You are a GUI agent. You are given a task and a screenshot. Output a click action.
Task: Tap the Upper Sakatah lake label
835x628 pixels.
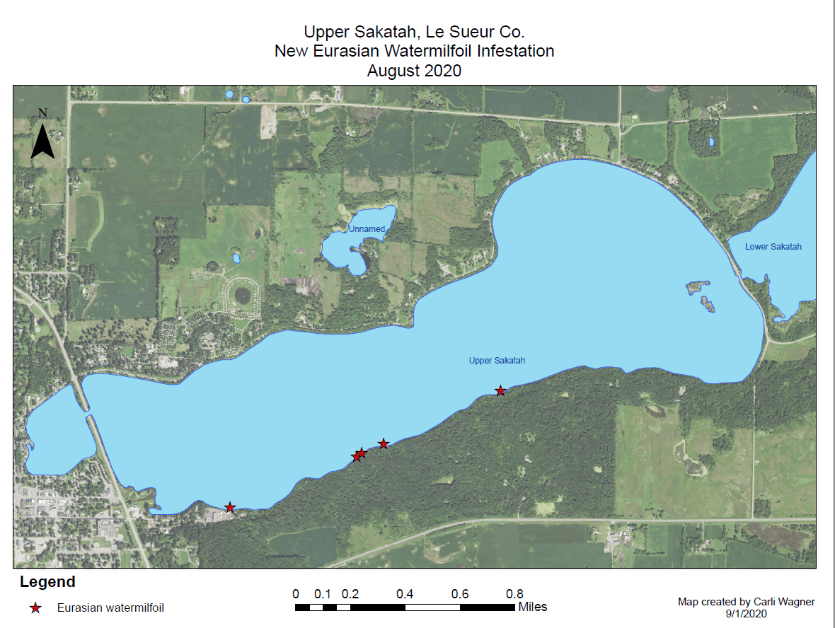coord(497,361)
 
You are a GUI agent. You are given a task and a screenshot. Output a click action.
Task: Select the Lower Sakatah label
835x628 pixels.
coord(773,247)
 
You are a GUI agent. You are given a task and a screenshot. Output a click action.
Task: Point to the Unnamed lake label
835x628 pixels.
coord(367,229)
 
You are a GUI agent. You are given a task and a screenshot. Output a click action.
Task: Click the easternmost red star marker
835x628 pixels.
coord(500,391)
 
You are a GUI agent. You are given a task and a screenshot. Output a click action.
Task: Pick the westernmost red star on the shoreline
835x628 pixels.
coord(230,508)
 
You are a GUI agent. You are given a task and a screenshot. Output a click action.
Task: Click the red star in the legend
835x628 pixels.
coord(35,607)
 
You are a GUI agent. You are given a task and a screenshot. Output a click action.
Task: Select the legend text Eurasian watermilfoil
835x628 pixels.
coord(110,607)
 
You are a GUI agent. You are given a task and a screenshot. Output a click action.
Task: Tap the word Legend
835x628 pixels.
coord(47,583)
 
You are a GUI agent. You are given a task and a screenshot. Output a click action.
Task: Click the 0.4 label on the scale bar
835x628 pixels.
coord(405,594)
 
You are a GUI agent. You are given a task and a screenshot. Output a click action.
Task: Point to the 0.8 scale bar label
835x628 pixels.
coord(515,594)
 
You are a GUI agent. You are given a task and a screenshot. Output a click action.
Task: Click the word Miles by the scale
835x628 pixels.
coord(532,607)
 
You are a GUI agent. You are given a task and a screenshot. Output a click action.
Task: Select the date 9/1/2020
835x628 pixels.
coord(746,613)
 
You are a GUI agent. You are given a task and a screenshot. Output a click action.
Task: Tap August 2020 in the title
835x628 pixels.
coord(414,70)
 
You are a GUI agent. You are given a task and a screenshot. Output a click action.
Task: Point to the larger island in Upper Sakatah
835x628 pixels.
coord(698,288)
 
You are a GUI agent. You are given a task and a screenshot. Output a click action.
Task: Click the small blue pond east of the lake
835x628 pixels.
coord(711,142)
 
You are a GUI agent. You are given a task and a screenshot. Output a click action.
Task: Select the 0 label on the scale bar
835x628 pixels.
coord(295,594)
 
